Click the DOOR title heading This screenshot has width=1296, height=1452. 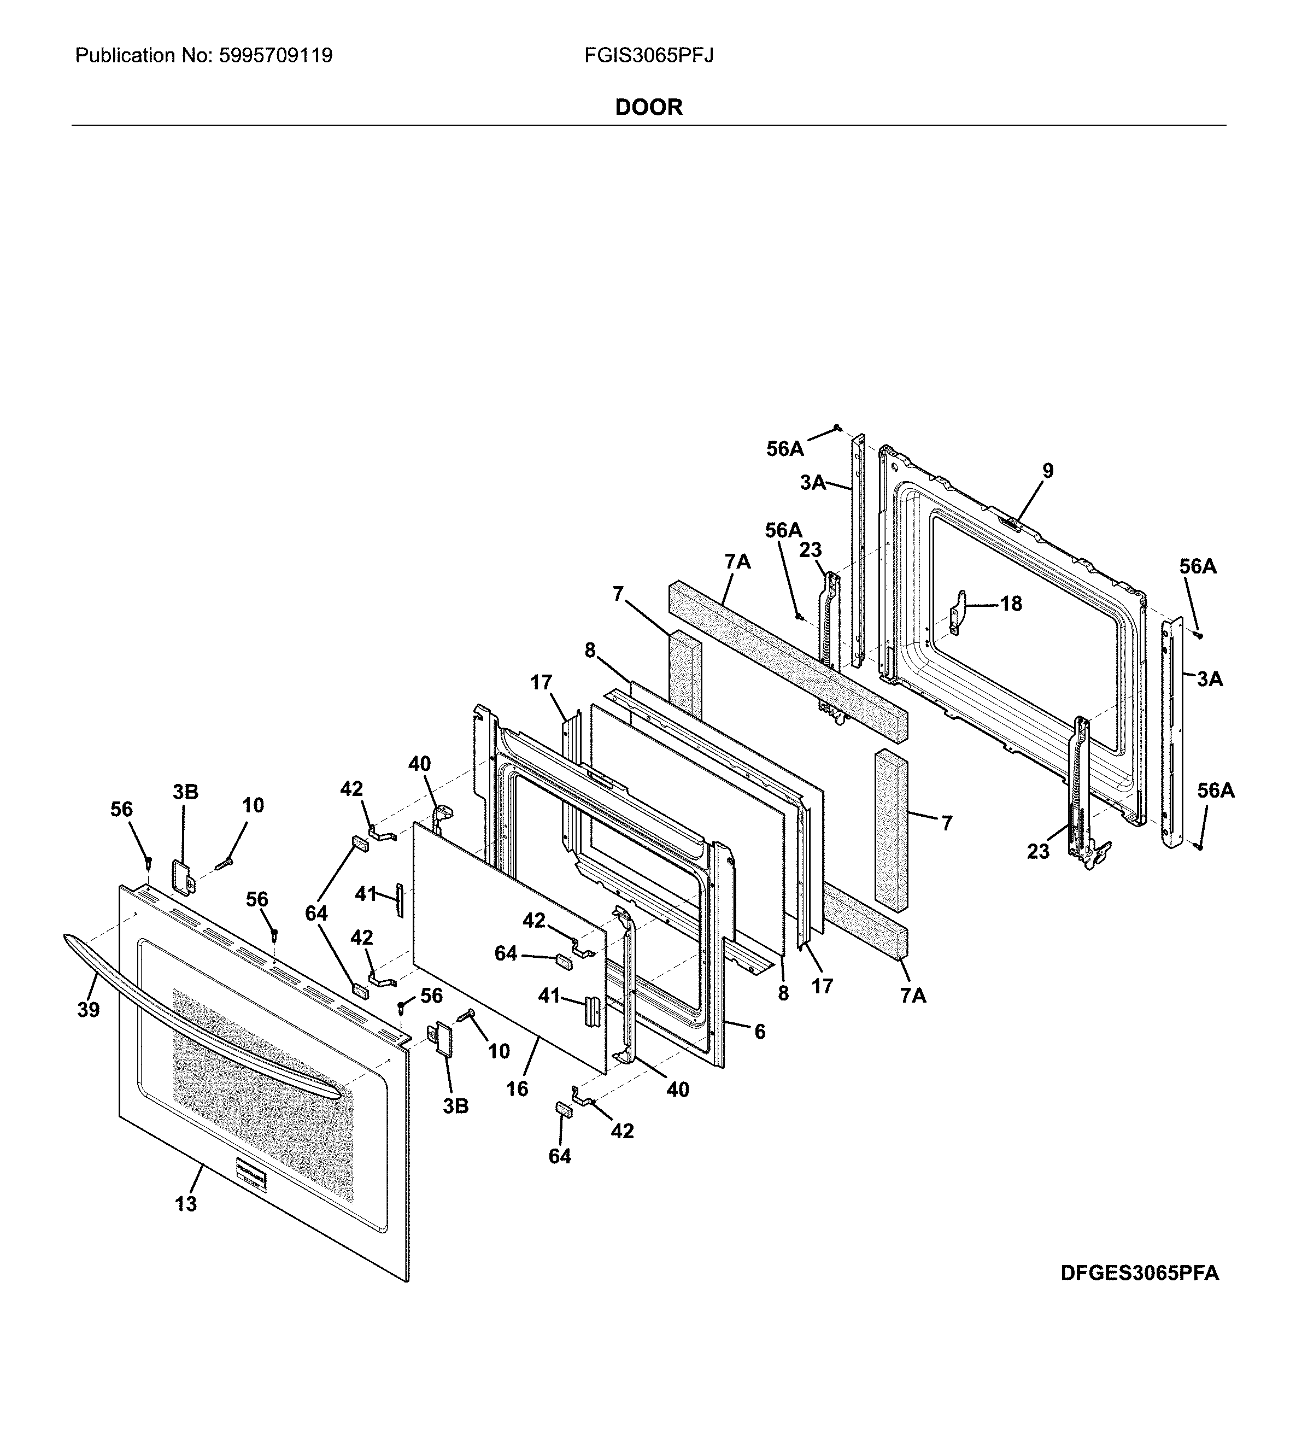[x=648, y=108]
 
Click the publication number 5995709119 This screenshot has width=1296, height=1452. [x=275, y=56]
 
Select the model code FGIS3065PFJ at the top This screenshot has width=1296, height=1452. [x=648, y=56]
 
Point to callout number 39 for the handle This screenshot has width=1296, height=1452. [x=89, y=1009]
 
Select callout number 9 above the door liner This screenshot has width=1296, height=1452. [x=1047, y=471]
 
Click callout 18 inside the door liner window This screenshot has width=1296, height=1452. [x=1011, y=604]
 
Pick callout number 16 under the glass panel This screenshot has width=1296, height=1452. [x=517, y=1088]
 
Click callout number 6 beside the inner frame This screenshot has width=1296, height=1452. [x=760, y=1031]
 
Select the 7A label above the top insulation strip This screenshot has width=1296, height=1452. [x=738, y=562]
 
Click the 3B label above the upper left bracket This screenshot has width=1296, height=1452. [x=185, y=792]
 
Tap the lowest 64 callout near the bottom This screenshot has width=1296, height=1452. [x=560, y=1156]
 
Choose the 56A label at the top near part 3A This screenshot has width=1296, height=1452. [x=785, y=449]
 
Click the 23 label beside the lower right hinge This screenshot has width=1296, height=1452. [x=1038, y=851]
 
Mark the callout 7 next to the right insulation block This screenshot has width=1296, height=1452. [x=946, y=823]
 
